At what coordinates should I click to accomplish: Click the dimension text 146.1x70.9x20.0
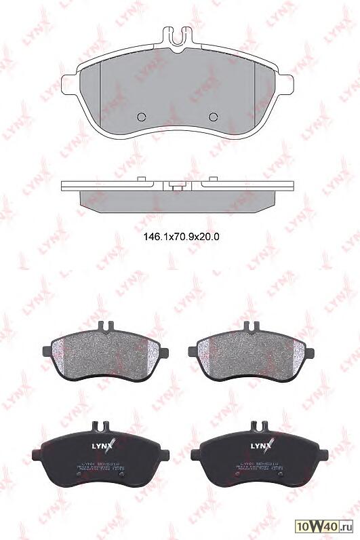click(x=180, y=237)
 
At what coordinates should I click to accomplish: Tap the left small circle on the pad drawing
click(x=142, y=115)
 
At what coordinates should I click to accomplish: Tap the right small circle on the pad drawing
click(x=214, y=115)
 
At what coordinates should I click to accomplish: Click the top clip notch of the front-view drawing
click(x=178, y=35)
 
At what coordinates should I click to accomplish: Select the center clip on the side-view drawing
click(x=178, y=185)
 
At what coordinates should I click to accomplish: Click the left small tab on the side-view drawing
click(x=142, y=179)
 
